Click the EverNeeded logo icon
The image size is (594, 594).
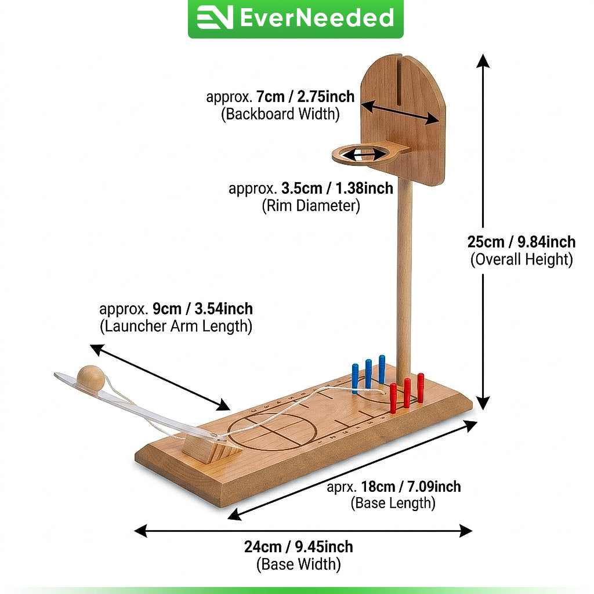(215, 17)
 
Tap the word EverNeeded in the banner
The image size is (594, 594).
(317, 17)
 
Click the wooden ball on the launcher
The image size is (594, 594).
(90, 378)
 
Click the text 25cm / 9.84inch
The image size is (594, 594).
(521, 242)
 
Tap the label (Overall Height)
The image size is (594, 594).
(521, 259)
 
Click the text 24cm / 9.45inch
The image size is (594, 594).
(299, 546)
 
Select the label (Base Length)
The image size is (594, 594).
(393, 503)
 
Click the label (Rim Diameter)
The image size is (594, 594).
(311, 206)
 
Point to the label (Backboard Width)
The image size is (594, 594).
(280, 114)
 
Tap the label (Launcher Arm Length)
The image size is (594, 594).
(176, 326)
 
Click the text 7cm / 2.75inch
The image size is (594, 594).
(305, 97)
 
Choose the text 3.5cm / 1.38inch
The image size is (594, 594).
(337, 189)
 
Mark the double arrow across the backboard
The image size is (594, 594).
(400, 112)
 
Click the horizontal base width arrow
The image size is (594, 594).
(303, 531)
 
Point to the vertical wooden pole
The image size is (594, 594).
(404, 277)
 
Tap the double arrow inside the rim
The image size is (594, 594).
(364, 154)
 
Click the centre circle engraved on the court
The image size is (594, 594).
(271, 431)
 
